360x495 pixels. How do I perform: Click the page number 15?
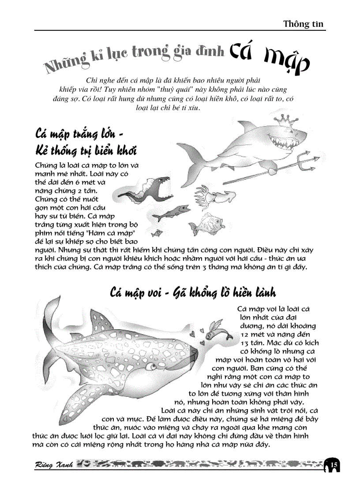click(x=334, y=465)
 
